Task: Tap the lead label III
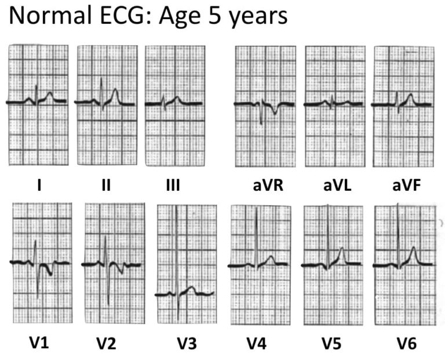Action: [x=173, y=186]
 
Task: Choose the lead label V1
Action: [x=39, y=343]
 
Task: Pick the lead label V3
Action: [x=187, y=343]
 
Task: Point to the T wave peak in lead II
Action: [x=115, y=90]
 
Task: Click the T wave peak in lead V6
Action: [x=414, y=249]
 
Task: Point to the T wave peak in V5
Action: [x=341, y=249]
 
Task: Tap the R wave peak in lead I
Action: [x=37, y=86]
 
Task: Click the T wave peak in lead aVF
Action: [x=410, y=95]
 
